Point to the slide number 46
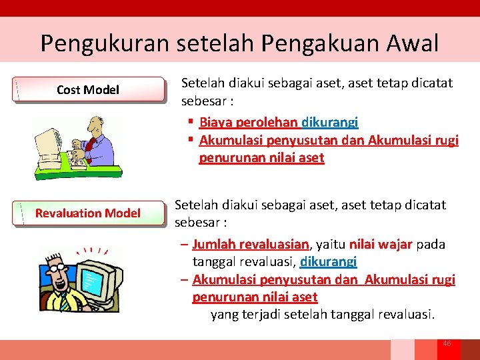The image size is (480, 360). (x=447, y=343)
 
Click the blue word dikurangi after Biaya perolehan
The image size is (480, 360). (x=330, y=122)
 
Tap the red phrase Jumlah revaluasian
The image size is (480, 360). (x=241, y=244)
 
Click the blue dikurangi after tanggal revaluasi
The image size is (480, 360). (x=329, y=261)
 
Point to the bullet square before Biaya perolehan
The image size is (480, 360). (x=191, y=122)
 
